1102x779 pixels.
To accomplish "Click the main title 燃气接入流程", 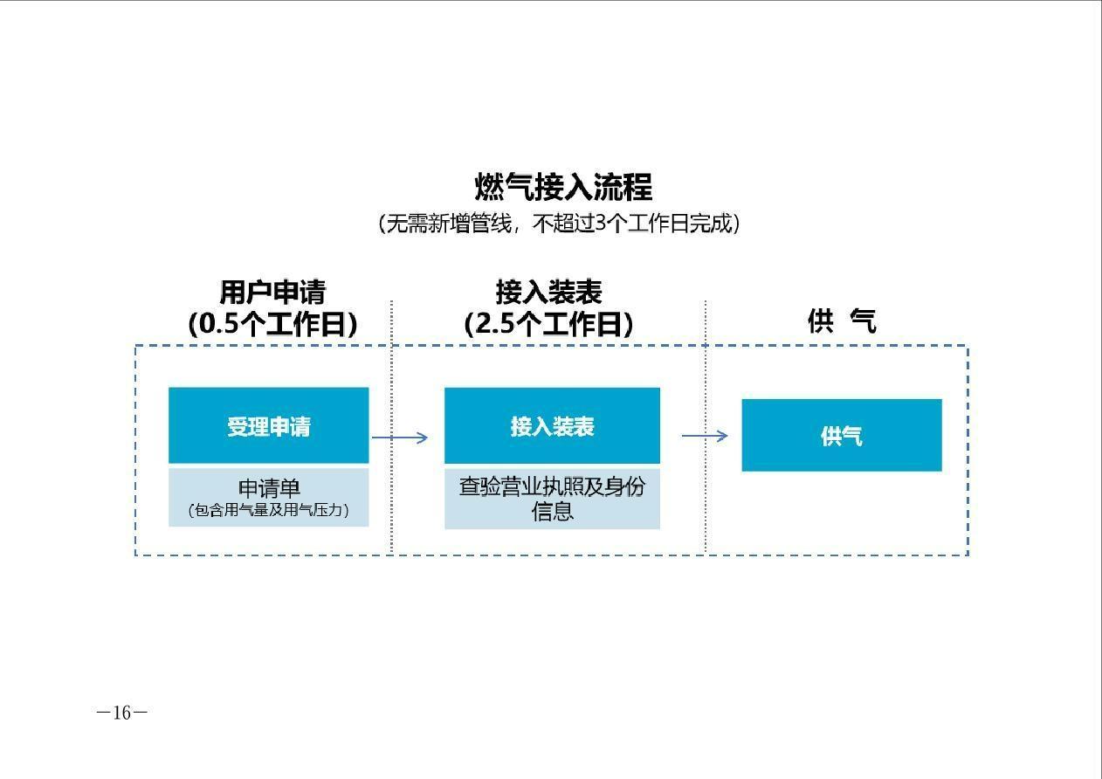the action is coord(563,187).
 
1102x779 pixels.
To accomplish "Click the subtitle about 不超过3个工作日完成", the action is coord(559,224).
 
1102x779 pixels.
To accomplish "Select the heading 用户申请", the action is coord(272,293).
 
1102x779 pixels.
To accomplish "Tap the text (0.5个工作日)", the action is coord(272,324).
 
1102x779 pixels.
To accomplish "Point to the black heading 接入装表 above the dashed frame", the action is coord(548,293).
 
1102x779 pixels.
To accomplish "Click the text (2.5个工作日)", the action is coord(548,324).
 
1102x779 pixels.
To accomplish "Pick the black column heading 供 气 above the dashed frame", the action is coord(842,321).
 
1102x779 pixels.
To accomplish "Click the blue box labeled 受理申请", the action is coord(269,425).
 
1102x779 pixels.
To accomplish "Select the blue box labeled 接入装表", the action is coord(552,425).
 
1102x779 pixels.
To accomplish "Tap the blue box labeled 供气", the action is coord(842,436).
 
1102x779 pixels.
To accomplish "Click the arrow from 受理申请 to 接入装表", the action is coord(399,438).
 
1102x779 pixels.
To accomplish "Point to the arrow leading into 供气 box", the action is coord(705,436).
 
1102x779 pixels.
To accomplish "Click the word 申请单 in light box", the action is coord(269,488).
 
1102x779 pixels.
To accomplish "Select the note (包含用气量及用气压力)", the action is coord(269,510).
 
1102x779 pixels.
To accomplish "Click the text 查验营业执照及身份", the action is coord(552,486).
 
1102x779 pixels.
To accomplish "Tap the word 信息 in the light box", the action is coord(552,511).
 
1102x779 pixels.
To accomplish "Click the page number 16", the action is coord(122,713).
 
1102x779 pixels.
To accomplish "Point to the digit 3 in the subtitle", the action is coord(600,224).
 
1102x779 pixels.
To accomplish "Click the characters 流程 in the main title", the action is coord(623,187).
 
